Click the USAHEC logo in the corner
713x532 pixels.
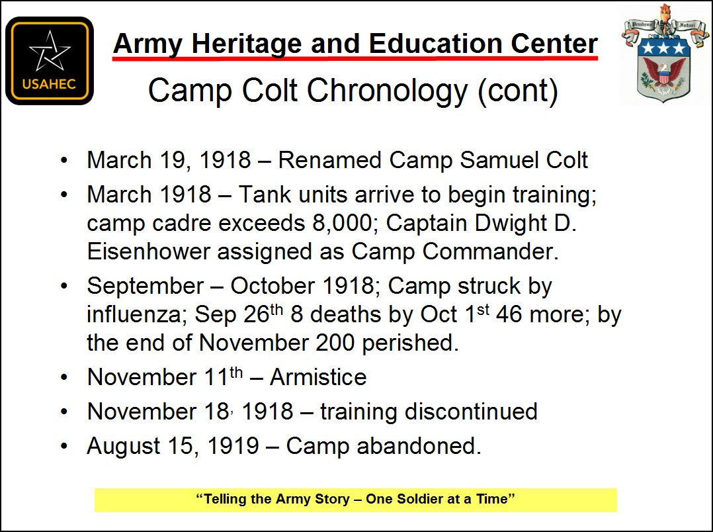[50, 60]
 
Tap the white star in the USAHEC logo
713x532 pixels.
[50, 51]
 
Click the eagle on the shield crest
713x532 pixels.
[664, 73]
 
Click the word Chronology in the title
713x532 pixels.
[387, 91]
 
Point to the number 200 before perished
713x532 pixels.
[335, 343]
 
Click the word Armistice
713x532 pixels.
[318, 377]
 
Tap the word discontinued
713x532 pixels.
[471, 412]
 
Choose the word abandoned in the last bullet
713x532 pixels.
[419, 446]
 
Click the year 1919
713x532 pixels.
[233, 446]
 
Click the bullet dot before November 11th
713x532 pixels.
[64, 377]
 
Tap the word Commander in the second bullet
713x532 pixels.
[491, 251]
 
